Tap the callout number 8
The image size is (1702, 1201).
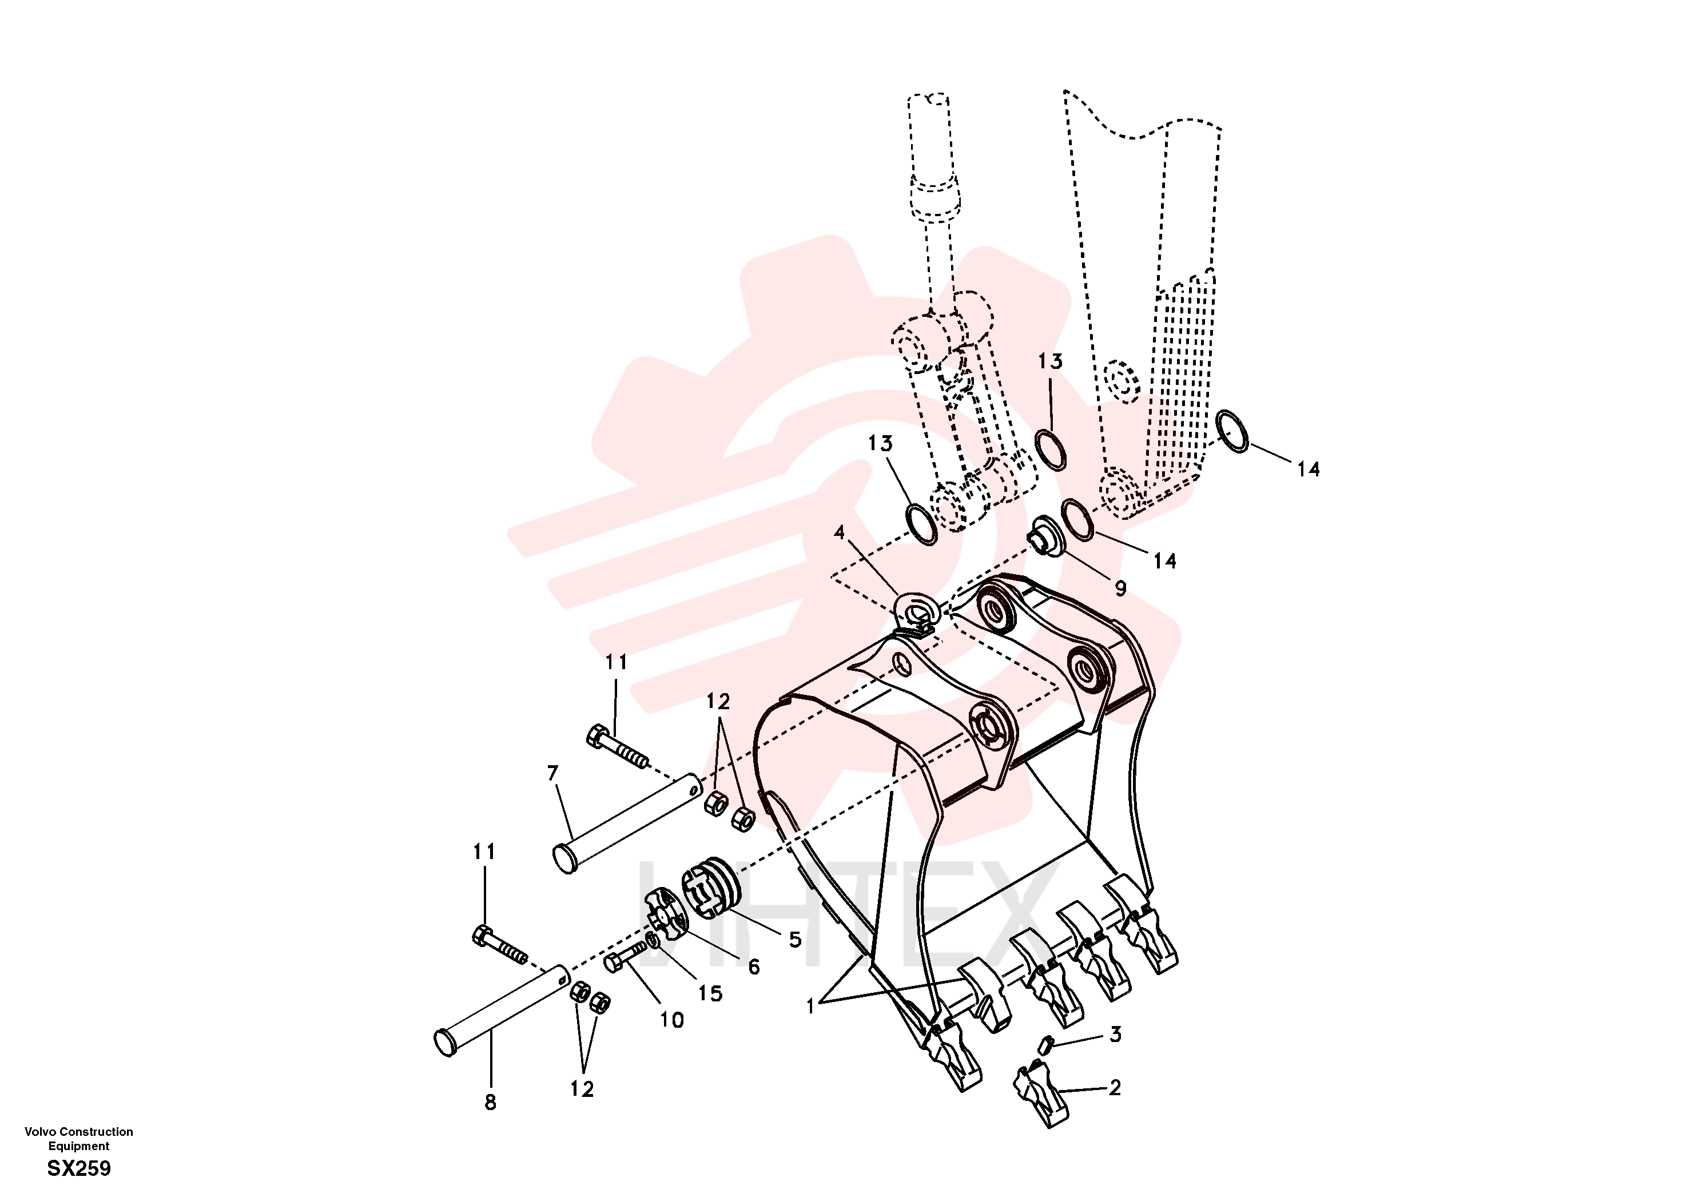point(490,1103)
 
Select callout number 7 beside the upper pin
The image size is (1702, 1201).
point(552,774)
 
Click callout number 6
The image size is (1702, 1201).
point(754,967)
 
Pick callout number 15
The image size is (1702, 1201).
point(710,993)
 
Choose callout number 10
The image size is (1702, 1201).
point(671,1020)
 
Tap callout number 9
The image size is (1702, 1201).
point(1120,588)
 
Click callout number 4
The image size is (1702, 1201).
point(839,532)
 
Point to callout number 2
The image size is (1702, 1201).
point(1115,1088)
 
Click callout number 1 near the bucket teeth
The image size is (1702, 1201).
point(810,1006)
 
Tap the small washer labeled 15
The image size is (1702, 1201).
point(653,941)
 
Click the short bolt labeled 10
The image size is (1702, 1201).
point(623,956)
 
